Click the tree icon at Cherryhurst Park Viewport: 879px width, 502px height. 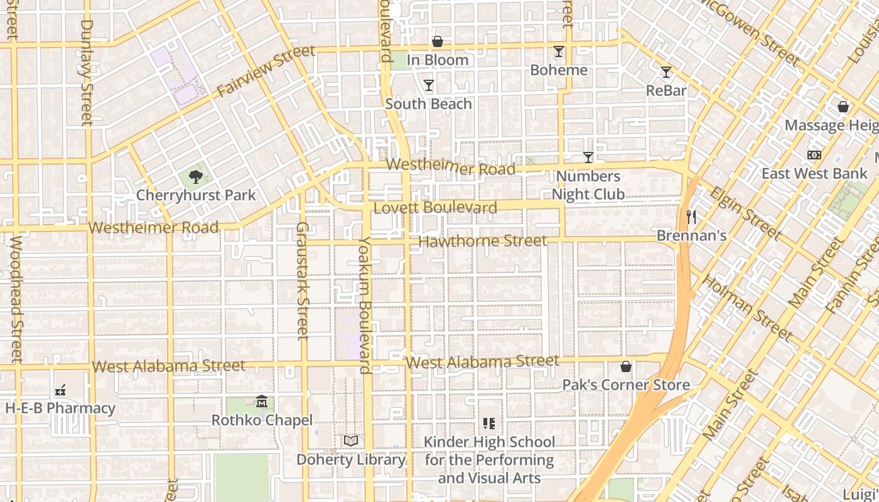tap(196, 176)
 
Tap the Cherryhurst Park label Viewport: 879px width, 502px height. tap(196, 195)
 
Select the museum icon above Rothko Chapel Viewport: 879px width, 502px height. tap(262, 401)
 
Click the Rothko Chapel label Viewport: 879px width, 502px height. tap(262, 420)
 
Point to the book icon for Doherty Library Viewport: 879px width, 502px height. tap(351, 441)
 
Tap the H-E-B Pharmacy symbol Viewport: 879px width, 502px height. tap(60, 390)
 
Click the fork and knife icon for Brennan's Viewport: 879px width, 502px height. tap(691, 217)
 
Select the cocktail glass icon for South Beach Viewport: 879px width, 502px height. tap(429, 85)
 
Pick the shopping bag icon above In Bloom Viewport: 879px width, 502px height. tap(438, 41)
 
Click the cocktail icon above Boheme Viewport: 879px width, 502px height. tap(559, 51)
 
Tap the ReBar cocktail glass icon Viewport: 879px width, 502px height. tap(666, 72)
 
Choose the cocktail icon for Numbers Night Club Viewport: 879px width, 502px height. tap(588, 157)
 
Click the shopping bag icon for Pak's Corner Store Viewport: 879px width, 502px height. tap(626, 366)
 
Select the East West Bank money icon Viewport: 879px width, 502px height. tap(814, 154)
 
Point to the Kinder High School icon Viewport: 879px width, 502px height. tap(489, 424)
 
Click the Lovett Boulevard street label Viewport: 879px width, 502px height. tap(435, 208)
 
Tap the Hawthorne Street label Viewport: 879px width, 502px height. tap(482, 241)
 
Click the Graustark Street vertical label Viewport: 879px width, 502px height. tap(302, 280)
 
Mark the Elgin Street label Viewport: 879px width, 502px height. tap(745, 213)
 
